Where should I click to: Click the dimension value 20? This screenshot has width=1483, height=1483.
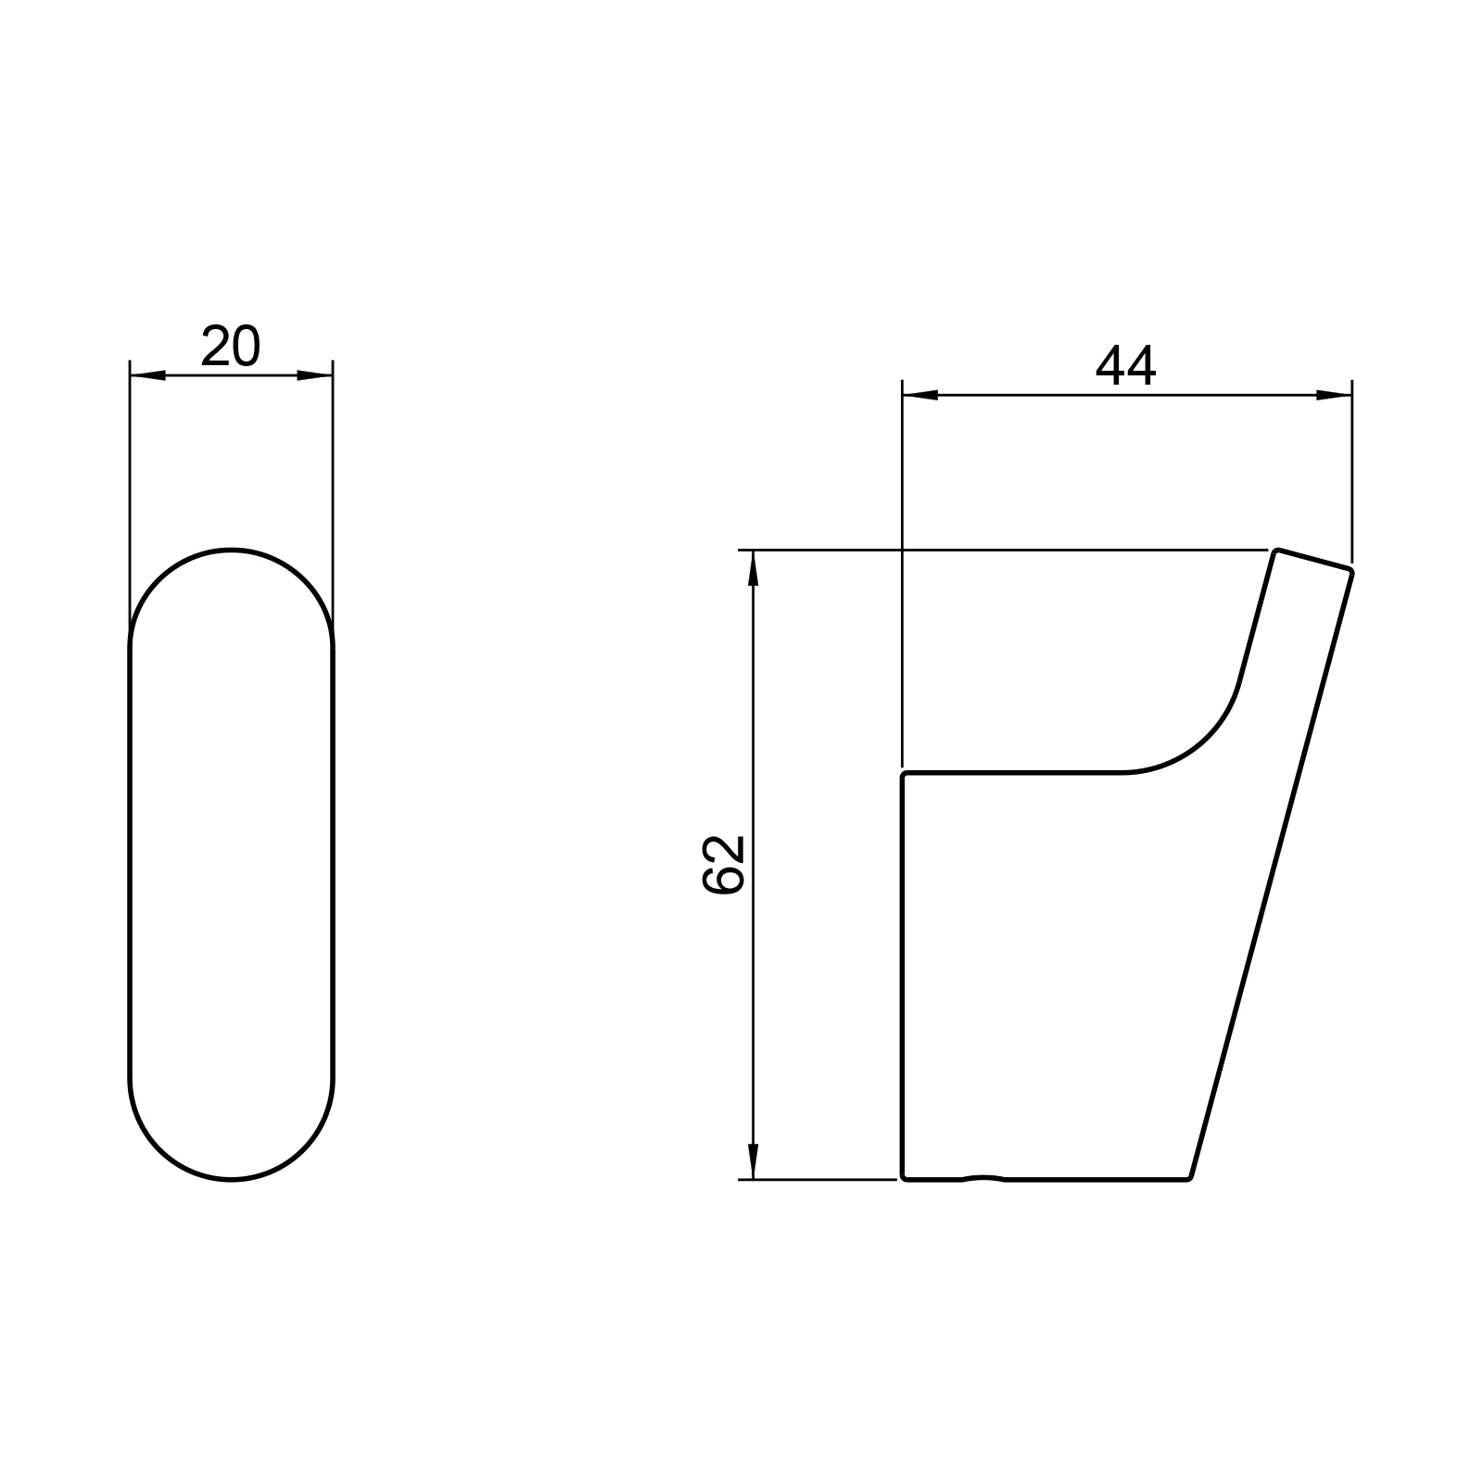pyautogui.click(x=231, y=347)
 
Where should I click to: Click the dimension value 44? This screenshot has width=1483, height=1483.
pyautogui.click(x=1126, y=366)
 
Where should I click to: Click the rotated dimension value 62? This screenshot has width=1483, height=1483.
pyautogui.click(x=725, y=864)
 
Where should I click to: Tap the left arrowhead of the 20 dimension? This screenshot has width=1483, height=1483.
pyautogui.click(x=147, y=375)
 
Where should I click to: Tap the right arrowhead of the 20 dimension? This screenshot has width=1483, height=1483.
pyautogui.click(x=314, y=375)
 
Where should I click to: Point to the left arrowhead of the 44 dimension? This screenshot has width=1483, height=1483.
pyautogui.click(x=920, y=396)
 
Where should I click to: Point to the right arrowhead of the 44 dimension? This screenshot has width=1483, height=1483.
pyautogui.click(x=1334, y=396)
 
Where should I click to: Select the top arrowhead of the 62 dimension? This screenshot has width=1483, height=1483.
pyautogui.click(x=753, y=567)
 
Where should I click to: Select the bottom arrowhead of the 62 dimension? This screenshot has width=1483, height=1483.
pyautogui.click(x=753, y=1161)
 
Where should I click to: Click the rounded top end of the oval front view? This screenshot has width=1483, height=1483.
pyautogui.click(x=231, y=550)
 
